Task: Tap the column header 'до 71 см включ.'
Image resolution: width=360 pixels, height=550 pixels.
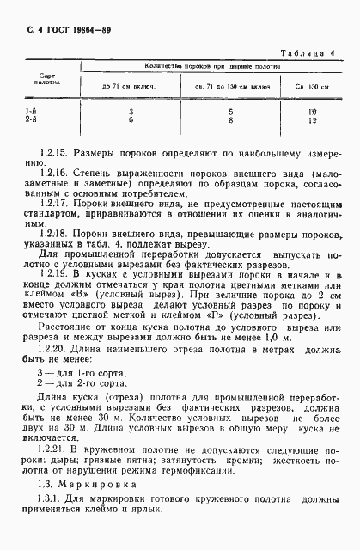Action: tap(131, 88)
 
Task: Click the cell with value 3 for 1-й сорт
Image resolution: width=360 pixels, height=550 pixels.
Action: tap(131, 113)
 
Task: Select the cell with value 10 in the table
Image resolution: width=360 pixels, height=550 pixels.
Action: tap(313, 113)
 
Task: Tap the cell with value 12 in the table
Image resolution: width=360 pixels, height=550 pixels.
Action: tap(313, 121)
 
